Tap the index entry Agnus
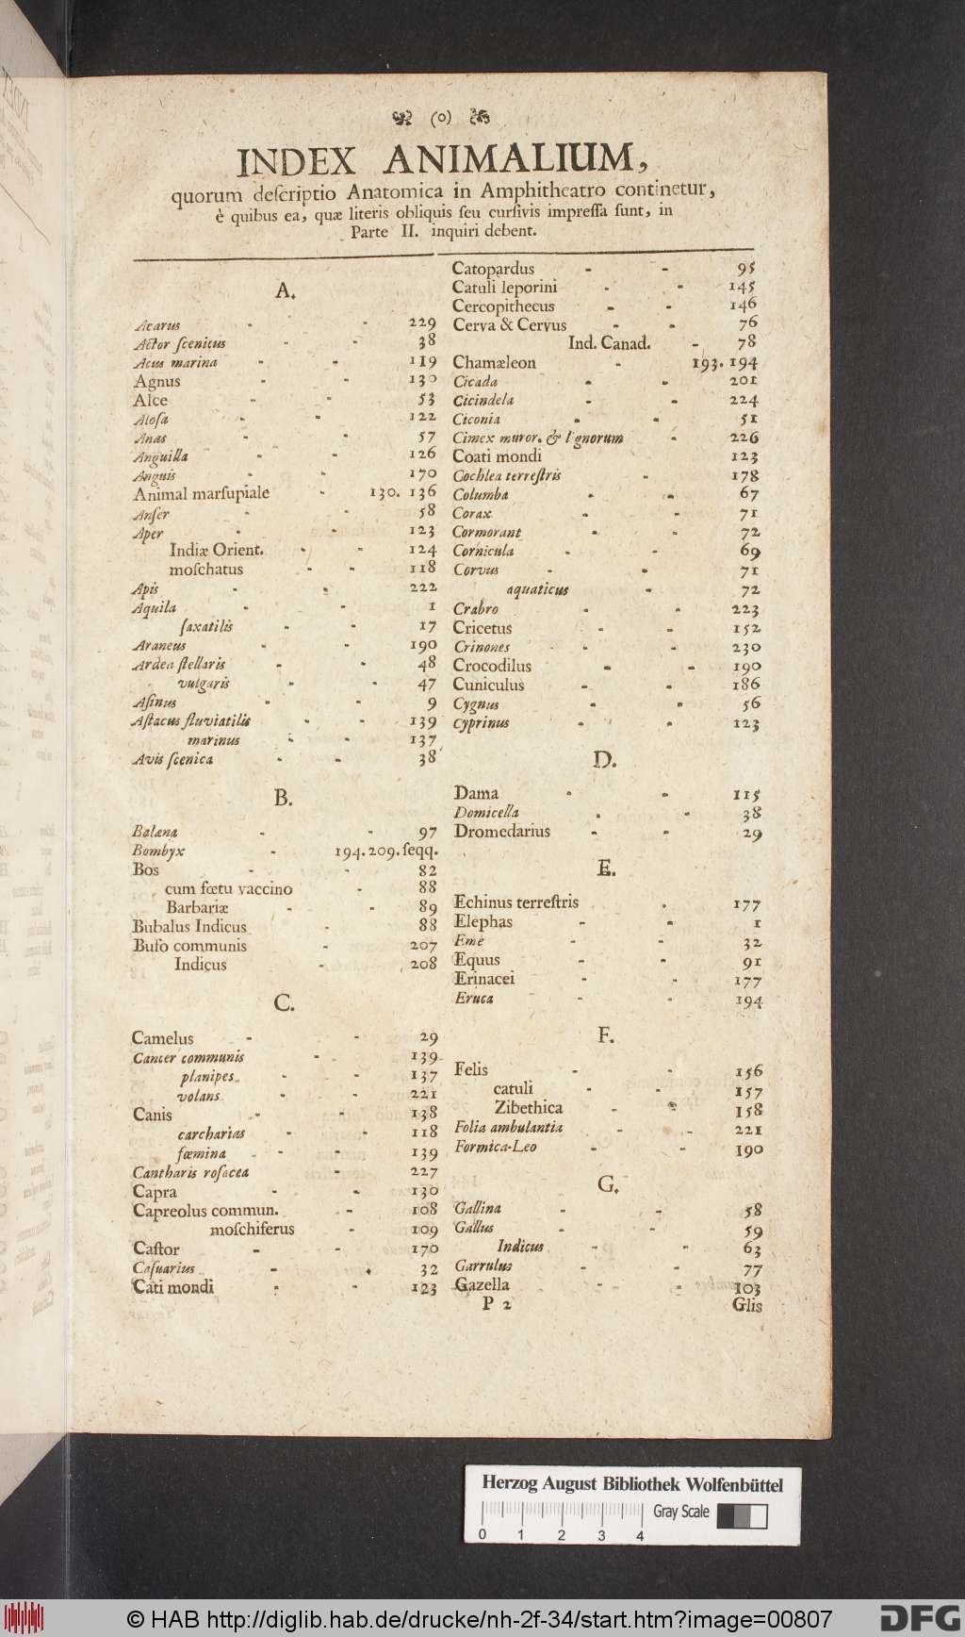(156, 381)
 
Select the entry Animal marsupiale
(201, 493)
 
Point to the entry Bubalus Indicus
(188, 926)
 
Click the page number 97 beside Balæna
(427, 832)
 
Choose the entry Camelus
(162, 1038)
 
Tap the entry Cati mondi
(172, 1287)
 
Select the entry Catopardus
(493, 269)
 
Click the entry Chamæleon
(494, 362)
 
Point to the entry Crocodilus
(492, 666)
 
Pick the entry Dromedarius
(501, 832)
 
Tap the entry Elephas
(482, 921)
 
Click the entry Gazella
(482, 1284)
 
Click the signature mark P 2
(497, 1305)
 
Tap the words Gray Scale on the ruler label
(681, 1512)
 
